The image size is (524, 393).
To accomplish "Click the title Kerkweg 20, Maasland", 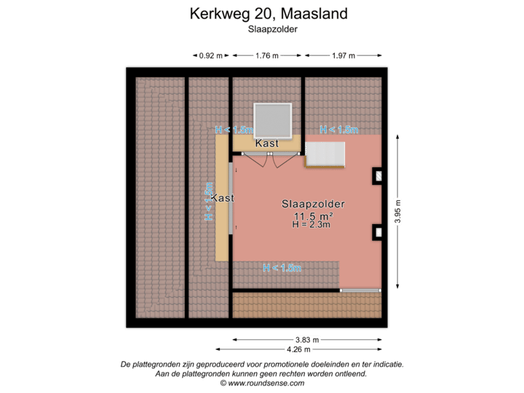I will coord(268,13).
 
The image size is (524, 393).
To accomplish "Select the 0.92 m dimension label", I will coord(211,55).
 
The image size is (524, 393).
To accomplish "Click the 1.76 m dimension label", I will coord(267,55).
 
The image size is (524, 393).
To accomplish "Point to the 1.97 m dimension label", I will coord(343,55).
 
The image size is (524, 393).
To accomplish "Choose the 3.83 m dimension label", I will coord(306,339).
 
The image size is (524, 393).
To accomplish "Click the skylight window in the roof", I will coord(272,120).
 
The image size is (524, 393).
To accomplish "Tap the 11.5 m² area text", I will coord(313,216).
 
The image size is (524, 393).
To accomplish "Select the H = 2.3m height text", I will coord(311,226).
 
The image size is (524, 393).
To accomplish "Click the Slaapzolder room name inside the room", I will coord(313,205).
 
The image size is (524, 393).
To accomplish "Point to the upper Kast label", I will coord(267,144).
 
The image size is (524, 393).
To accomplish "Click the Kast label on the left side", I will coord(223,198).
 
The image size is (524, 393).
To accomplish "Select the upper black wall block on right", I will coord(378,175).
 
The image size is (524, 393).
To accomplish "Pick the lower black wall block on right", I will coord(378,232).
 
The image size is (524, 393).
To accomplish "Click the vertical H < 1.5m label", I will coord(209,202).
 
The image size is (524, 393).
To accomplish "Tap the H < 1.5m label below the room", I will coord(282,269).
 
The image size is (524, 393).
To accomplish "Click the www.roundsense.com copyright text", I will coord(262,383).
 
